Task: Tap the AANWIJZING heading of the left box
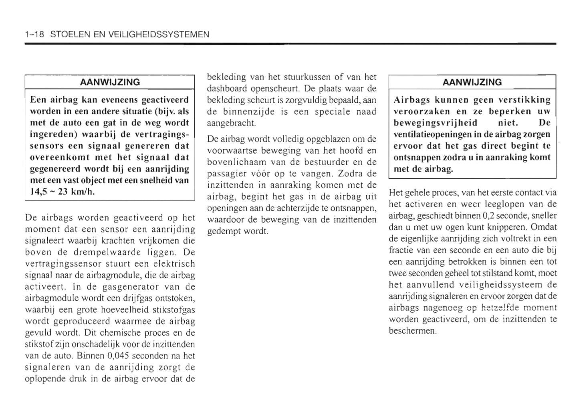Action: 110,82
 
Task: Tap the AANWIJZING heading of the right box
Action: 472,82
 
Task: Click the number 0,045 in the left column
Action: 118,356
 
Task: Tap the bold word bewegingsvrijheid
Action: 435,123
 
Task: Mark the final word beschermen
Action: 412,331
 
